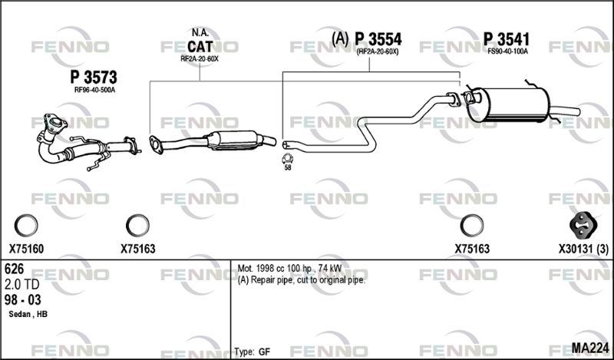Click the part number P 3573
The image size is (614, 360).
(94, 78)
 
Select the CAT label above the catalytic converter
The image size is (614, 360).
(200, 47)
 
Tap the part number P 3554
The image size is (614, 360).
(378, 39)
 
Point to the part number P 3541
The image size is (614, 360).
(507, 39)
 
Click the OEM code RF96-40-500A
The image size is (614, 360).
(94, 90)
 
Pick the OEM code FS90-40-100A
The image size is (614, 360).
(507, 51)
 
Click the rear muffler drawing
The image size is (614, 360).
(513, 104)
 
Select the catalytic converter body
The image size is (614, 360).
(234, 140)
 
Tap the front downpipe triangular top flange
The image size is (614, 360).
(55, 122)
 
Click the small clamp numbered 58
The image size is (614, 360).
(287, 158)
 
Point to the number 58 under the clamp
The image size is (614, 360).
(288, 167)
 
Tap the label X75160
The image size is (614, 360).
(26, 249)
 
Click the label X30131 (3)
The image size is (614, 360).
(583, 249)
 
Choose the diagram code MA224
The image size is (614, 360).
(590, 348)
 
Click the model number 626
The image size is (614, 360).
(14, 269)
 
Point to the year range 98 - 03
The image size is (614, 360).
(23, 299)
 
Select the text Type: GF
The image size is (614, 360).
(253, 352)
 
